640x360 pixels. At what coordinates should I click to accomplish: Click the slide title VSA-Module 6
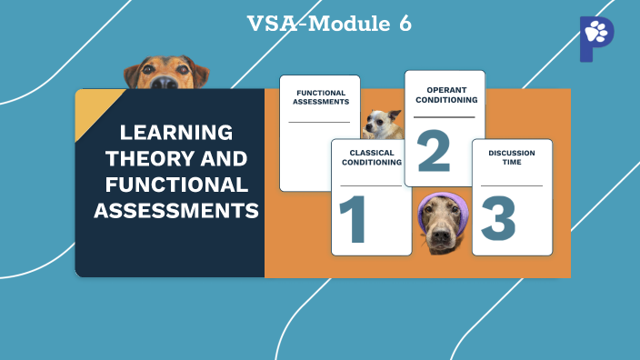(x=329, y=24)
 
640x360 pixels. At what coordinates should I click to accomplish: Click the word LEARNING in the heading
(x=169, y=131)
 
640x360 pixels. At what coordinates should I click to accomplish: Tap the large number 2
(x=434, y=151)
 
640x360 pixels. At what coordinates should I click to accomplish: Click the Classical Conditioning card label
(x=372, y=157)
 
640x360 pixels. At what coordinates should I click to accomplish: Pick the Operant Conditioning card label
(x=445, y=95)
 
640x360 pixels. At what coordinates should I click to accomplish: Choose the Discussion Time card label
(x=512, y=158)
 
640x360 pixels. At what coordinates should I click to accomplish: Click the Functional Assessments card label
(x=320, y=97)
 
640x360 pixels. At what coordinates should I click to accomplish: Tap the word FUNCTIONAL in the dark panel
(x=176, y=185)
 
